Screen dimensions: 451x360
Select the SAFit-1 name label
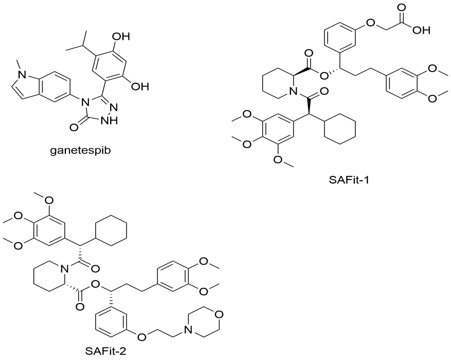(x=349, y=181)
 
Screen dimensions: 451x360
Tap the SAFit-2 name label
(x=106, y=351)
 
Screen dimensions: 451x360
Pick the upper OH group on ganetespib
(x=121, y=37)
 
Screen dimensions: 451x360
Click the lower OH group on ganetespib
(x=140, y=87)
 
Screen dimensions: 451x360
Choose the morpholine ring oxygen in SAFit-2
(x=220, y=315)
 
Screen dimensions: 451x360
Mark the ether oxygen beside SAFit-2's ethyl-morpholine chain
(x=141, y=337)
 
